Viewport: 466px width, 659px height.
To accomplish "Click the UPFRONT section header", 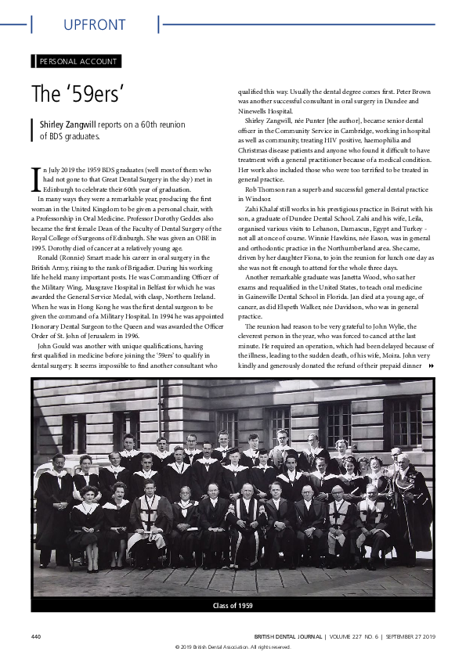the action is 94,25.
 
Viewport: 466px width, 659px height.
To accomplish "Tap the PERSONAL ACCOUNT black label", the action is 78,61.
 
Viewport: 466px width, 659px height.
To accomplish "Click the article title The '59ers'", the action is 78,94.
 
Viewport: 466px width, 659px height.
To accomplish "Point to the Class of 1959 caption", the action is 233,605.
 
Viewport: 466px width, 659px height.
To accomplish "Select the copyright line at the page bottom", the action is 233,646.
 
